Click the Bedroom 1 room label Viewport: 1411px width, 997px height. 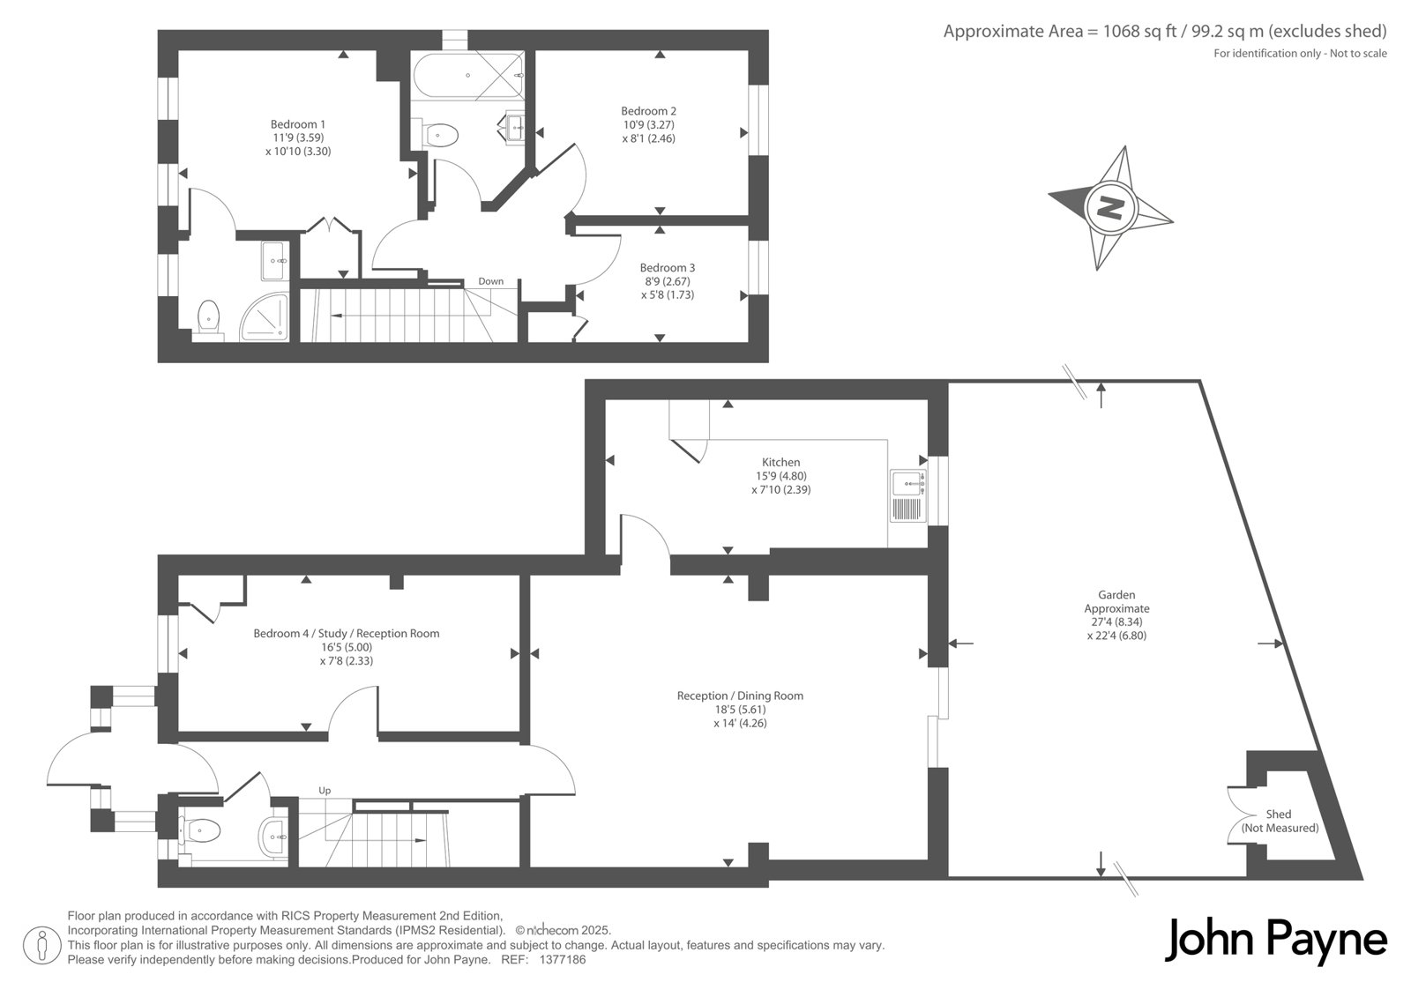tap(298, 124)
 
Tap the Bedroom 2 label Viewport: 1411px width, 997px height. tap(649, 111)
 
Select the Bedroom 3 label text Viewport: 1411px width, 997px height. tap(668, 268)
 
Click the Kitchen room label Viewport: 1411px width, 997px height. tap(781, 462)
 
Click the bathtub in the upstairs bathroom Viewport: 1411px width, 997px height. tap(468, 76)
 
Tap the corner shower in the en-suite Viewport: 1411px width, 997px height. tap(265, 317)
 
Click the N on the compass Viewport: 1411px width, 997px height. tap(1110, 206)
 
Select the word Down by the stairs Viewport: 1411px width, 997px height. tap(490, 281)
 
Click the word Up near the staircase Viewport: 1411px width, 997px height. tap(325, 791)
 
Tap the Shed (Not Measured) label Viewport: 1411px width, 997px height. tap(1280, 822)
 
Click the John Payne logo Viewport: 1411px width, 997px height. tap(1275, 941)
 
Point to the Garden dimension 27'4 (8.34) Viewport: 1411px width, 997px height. tap(1116, 621)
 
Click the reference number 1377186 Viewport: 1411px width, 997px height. tap(563, 960)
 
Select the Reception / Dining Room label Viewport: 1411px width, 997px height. tap(740, 696)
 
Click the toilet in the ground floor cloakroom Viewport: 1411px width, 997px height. tap(200, 830)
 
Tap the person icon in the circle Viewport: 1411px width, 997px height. tap(41, 945)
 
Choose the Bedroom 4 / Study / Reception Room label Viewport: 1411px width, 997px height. tap(347, 634)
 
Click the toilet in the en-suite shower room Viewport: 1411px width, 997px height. tap(208, 319)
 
